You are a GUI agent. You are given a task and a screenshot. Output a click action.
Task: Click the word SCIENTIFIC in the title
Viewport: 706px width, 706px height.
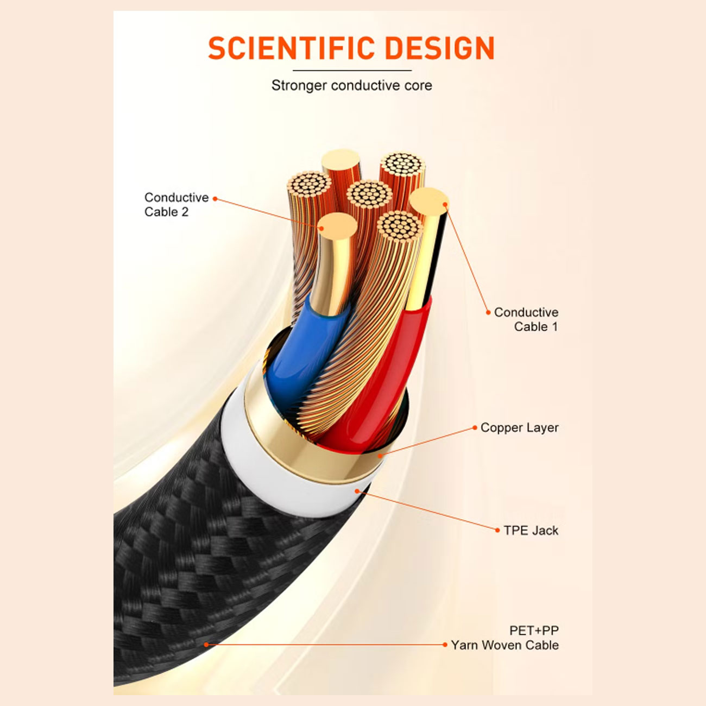click(x=292, y=48)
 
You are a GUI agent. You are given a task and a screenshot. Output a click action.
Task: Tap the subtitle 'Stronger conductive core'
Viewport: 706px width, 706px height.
click(x=352, y=85)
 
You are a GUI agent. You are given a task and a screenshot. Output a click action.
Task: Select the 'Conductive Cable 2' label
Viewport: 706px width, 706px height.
click(x=176, y=204)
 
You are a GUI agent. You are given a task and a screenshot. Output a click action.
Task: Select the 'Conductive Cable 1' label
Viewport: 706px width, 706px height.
click(x=526, y=319)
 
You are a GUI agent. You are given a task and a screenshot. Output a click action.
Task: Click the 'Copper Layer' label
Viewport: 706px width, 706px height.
click(x=520, y=427)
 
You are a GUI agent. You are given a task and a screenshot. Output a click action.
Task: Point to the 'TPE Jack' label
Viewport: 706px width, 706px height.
click(x=531, y=530)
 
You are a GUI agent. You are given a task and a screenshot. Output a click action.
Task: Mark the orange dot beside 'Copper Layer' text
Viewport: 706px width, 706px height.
click(x=475, y=427)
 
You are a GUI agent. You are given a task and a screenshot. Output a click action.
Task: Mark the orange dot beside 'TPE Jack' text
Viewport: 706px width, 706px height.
click(x=497, y=530)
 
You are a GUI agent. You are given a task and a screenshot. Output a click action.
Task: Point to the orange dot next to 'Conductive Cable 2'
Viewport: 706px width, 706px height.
click(x=215, y=199)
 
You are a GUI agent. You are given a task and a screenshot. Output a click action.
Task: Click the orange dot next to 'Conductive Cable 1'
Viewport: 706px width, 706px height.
click(x=488, y=312)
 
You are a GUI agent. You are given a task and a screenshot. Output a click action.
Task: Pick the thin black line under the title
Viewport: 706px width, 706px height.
click(x=352, y=71)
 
